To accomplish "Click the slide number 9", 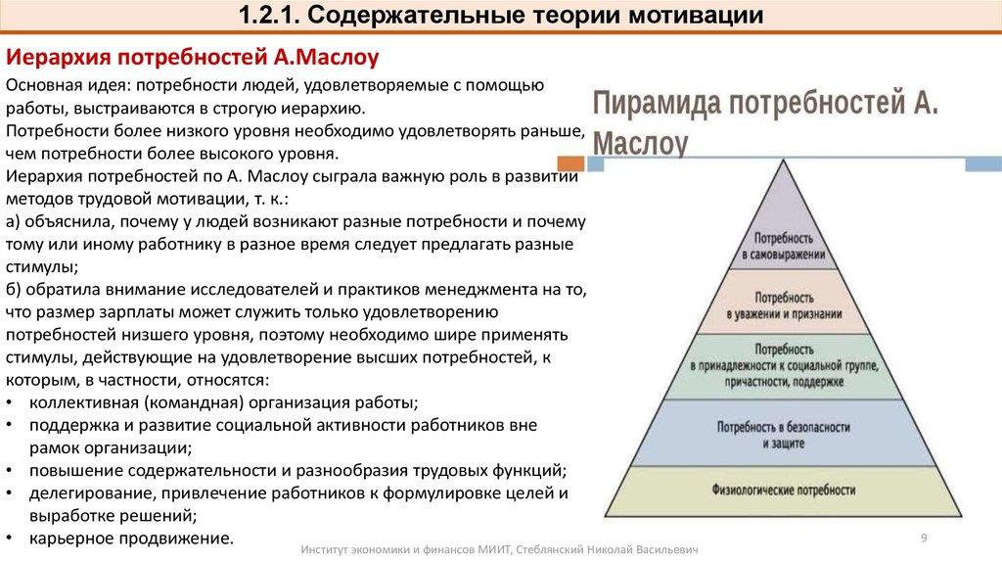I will (x=924, y=537).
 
